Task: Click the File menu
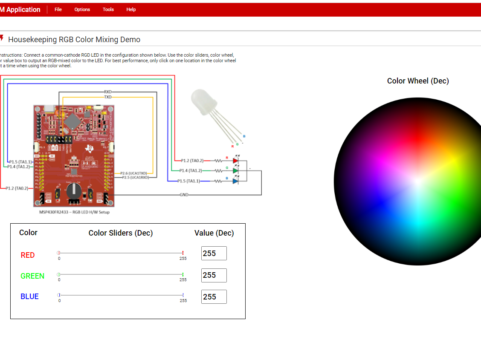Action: (58, 9)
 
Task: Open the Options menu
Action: (82, 9)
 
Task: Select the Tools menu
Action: (108, 9)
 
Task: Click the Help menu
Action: (131, 9)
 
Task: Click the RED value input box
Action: (214, 253)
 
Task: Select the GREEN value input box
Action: (214, 275)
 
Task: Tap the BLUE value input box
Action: (214, 297)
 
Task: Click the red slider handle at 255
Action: (183, 253)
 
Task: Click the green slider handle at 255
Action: (183, 274)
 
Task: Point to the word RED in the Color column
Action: (28, 255)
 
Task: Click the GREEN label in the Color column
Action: (32, 276)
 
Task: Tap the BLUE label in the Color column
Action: (29, 297)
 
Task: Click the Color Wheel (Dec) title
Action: (417, 81)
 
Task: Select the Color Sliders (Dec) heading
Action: (121, 233)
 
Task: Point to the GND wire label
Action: (184, 195)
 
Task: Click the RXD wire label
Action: (108, 92)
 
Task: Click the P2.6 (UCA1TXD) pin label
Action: (133, 173)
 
